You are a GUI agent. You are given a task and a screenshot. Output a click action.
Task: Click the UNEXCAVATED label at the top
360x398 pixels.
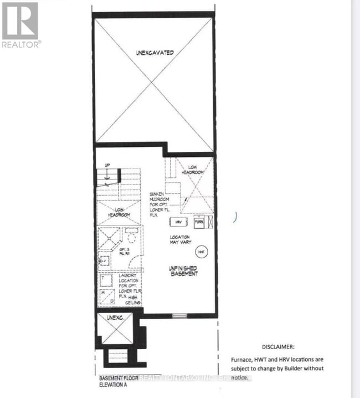tap(155, 53)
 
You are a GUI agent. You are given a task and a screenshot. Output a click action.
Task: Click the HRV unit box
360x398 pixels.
tap(178, 221)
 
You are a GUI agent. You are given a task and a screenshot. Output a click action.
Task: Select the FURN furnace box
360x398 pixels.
tap(199, 221)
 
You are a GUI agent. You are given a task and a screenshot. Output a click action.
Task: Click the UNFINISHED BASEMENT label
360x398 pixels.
tap(183, 271)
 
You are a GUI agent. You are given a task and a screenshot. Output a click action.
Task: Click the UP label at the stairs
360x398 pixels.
tap(108, 165)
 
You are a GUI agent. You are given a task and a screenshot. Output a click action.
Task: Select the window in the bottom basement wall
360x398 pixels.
tap(179, 316)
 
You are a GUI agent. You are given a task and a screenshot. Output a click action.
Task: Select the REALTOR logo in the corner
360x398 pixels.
tap(20, 24)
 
